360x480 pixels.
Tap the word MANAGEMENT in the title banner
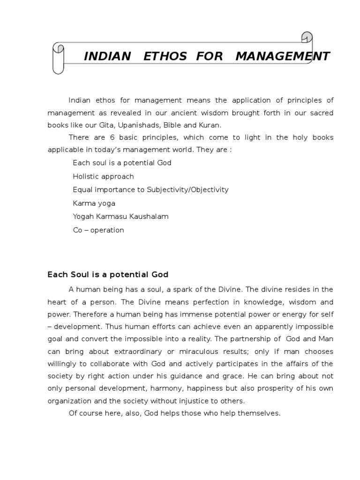click(x=283, y=57)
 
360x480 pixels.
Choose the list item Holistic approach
click(x=103, y=176)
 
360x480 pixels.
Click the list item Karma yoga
click(x=94, y=203)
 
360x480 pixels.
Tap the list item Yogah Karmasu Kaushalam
click(x=120, y=217)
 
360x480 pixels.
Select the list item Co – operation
click(x=98, y=230)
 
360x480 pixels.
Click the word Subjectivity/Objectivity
click(x=187, y=190)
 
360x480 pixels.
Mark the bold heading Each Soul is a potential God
click(x=108, y=274)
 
